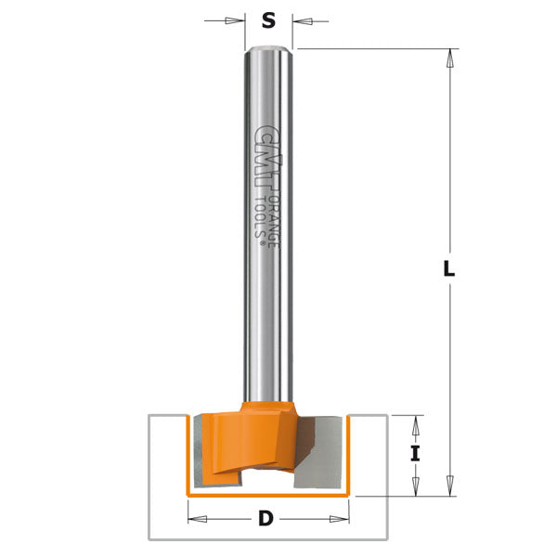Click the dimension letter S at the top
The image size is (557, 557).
pyautogui.click(x=269, y=19)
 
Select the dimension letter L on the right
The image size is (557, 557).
pyautogui.click(x=449, y=270)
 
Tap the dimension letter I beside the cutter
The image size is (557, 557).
pyautogui.click(x=416, y=454)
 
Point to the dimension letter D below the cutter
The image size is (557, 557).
pyautogui.click(x=266, y=519)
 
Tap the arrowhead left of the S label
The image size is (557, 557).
pyautogui.click(x=238, y=20)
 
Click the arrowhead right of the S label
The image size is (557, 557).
pyautogui.click(x=300, y=20)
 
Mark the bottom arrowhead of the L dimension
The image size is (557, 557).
pyautogui.click(x=449, y=487)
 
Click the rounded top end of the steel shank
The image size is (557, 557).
pyautogui.click(x=269, y=51)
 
